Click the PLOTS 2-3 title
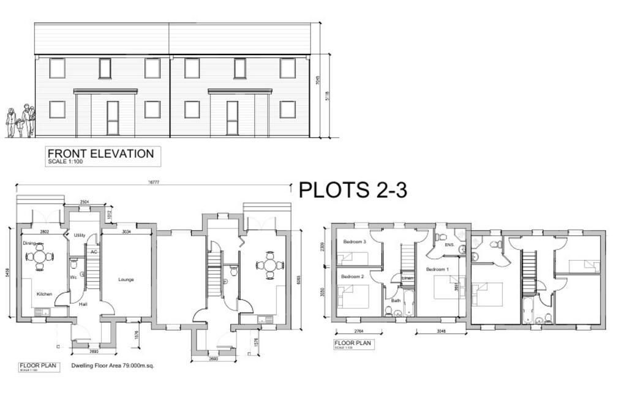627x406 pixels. pyautogui.click(x=352, y=190)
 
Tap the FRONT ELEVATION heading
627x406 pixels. pyautogui.click(x=100, y=154)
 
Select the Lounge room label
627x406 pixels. pyautogui.click(x=126, y=280)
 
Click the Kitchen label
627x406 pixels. pyautogui.click(x=44, y=295)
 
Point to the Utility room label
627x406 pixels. pyautogui.click(x=80, y=235)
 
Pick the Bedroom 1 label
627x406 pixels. pyautogui.click(x=437, y=269)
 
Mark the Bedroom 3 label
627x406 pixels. pyautogui.click(x=355, y=242)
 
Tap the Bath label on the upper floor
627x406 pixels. pyautogui.click(x=396, y=301)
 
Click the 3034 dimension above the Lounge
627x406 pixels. pyautogui.click(x=127, y=232)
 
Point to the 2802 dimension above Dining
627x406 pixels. pyautogui.click(x=45, y=232)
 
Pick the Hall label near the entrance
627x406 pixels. pyautogui.click(x=83, y=304)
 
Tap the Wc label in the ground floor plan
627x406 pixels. pyautogui.click(x=73, y=277)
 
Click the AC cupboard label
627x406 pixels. pyautogui.click(x=94, y=252)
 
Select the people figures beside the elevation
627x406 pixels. pyautogui.click(x=20, y=121)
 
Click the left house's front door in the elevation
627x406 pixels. pyautogui.click(x=113, y=118)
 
